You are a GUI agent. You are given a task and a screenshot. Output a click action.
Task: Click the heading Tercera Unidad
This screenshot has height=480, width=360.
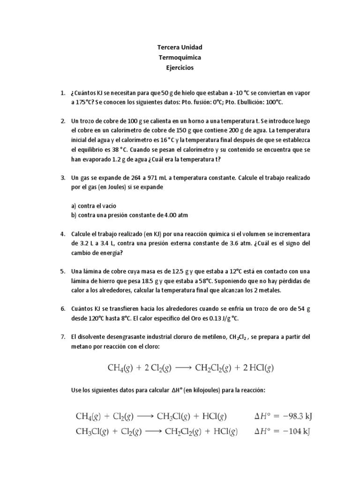[x=180, y=48]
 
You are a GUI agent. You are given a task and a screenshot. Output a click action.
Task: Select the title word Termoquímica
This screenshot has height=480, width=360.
[x=180, y=58]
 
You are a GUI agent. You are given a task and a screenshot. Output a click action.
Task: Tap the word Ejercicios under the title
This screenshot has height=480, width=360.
[x=180, y=67]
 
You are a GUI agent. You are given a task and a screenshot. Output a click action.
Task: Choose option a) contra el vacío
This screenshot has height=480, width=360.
[x=94, y=206]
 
